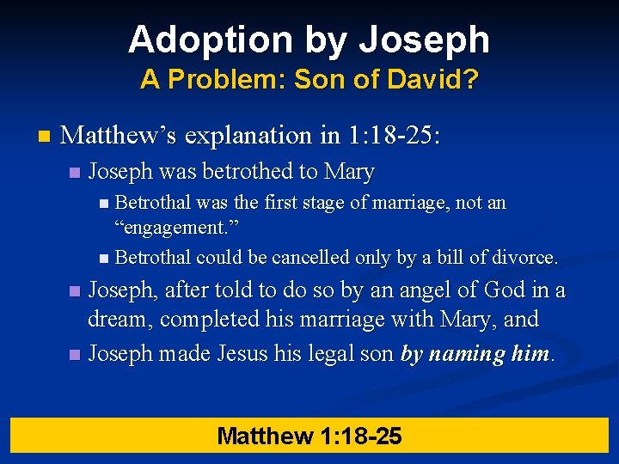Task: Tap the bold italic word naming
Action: (x=471, y=353)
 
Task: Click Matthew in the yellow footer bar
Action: (x=265, y=436)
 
